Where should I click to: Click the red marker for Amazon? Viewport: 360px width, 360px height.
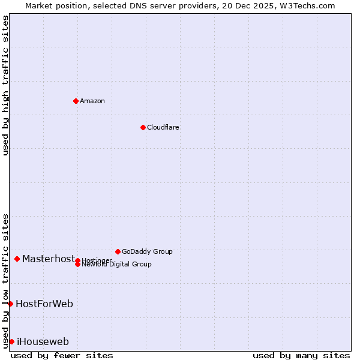[x=76, y=101]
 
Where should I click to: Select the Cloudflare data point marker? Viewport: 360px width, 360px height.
[x=143, y=127]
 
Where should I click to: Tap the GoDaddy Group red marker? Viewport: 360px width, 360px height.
[x=118, y=251]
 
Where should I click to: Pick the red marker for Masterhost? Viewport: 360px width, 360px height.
[x=17, y=259]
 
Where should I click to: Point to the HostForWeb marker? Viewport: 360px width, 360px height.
[x=10, y=304]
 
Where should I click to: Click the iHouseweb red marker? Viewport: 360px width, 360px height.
[x=11, y=341]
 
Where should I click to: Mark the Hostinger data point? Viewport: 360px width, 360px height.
[x=77, y=260]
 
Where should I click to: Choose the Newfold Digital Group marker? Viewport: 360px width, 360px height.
[x=77, y=265]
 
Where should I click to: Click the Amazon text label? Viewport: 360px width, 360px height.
[x=92, y=101]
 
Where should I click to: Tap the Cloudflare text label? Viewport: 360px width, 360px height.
[x=163, y=127]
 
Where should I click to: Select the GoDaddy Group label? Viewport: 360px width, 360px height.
[x=147, y=251]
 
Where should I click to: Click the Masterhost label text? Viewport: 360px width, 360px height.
[x=49, y=259]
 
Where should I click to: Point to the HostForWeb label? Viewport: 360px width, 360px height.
[x=44, y=304]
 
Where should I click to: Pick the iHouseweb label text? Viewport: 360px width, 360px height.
[x=43, y=342]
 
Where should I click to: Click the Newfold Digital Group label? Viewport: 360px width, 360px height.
[x=116, y=265]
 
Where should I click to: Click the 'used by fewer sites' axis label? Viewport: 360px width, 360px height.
[x=62, y=355]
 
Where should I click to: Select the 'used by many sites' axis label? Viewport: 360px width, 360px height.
[x=301, y=355]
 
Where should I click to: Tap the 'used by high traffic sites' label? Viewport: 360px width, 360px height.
[x=5, y=85]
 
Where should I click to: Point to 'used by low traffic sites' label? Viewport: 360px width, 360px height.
[x=5, y=280]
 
